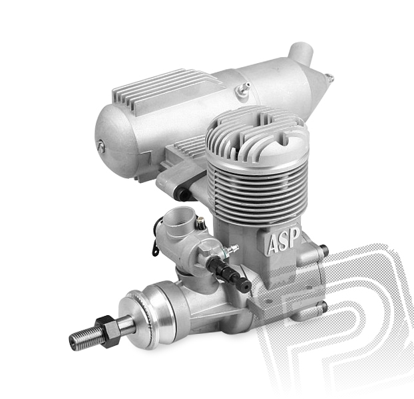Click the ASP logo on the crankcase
point(284,241)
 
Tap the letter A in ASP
point(274,244)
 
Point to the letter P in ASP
point(295,237)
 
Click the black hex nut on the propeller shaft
point(108,331)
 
